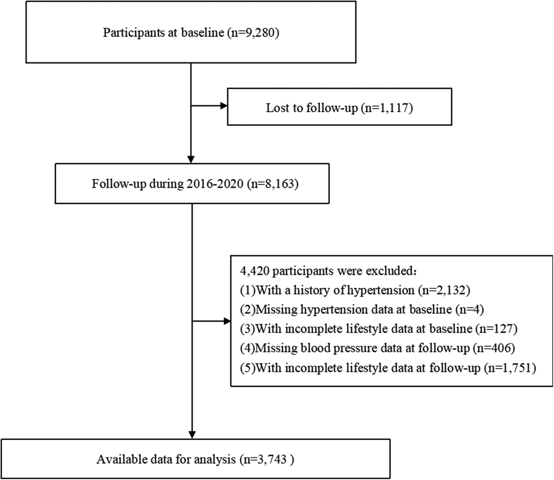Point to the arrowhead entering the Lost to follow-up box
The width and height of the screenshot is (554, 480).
(224, 106)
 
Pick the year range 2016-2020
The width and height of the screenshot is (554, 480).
(215, 184)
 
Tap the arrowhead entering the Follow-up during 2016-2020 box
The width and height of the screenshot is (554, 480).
(191, 159)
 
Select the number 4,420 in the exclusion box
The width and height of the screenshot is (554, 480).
(254, 270)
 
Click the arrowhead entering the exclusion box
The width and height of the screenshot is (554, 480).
(227, 321)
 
